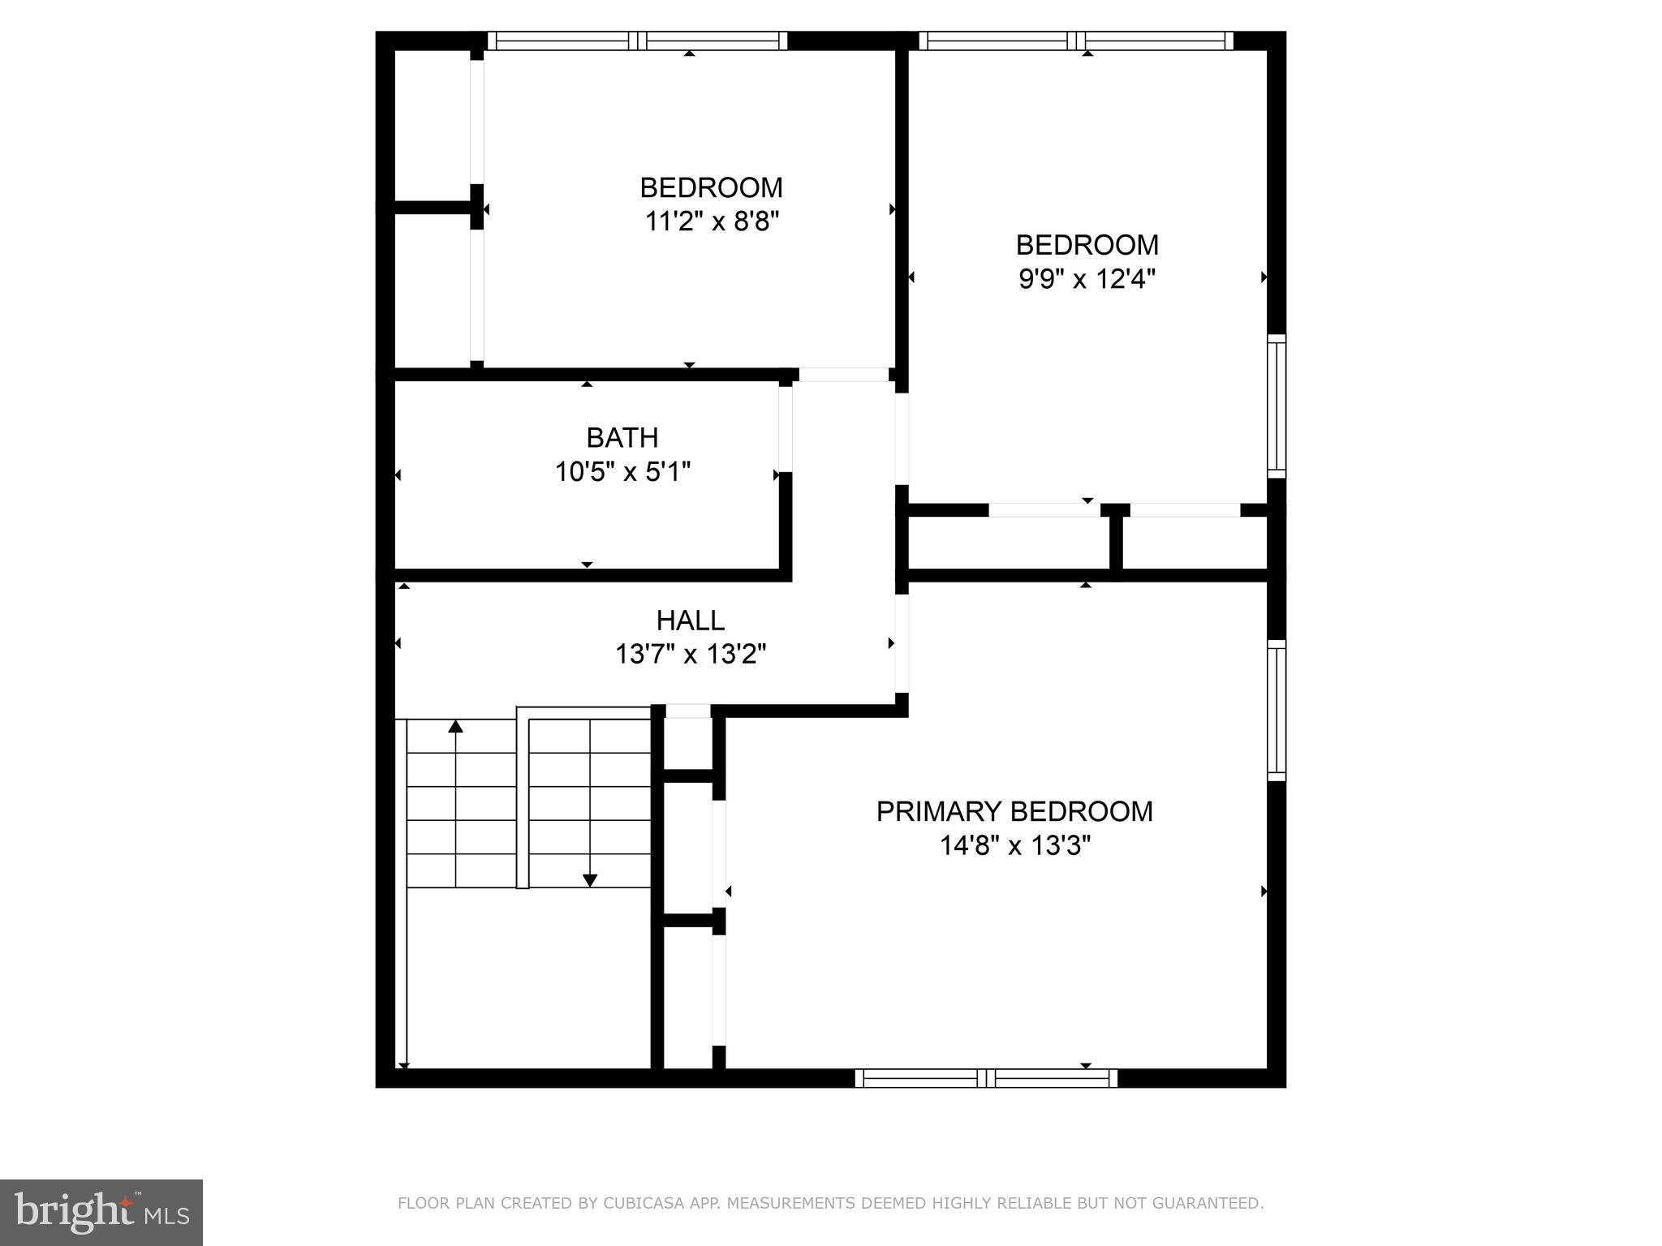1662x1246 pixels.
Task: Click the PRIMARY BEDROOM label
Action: tap(1014, 811)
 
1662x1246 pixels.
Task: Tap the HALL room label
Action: tap(690, 621)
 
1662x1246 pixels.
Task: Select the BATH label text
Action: tap(622, 438)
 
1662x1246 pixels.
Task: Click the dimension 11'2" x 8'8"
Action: tap(711, 221)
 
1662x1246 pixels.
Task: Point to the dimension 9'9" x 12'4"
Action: tap(1087, 279)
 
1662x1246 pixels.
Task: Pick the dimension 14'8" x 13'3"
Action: tap(1014, 846)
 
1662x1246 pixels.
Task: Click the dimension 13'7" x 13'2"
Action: tap(690, 654)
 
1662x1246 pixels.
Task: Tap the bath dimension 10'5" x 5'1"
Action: tap(622, 471)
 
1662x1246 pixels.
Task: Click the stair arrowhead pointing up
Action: tap(456, 726)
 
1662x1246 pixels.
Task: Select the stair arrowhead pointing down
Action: tap(590, 880)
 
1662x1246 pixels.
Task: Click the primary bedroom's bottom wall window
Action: tap(986, 1078)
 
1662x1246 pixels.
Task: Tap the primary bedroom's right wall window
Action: tap(1277, 710)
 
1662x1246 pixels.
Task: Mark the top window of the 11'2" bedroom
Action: tap(637, 41)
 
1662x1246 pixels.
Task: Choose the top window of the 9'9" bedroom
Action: tap(1076, 41)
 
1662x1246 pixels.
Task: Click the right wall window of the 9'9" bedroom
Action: tap(1277, 406)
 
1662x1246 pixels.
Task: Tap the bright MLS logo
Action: tap(101, 1212)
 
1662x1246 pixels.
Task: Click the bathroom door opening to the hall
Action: tap(786, 427)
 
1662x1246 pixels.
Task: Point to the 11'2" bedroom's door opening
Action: tap(843, 375)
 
